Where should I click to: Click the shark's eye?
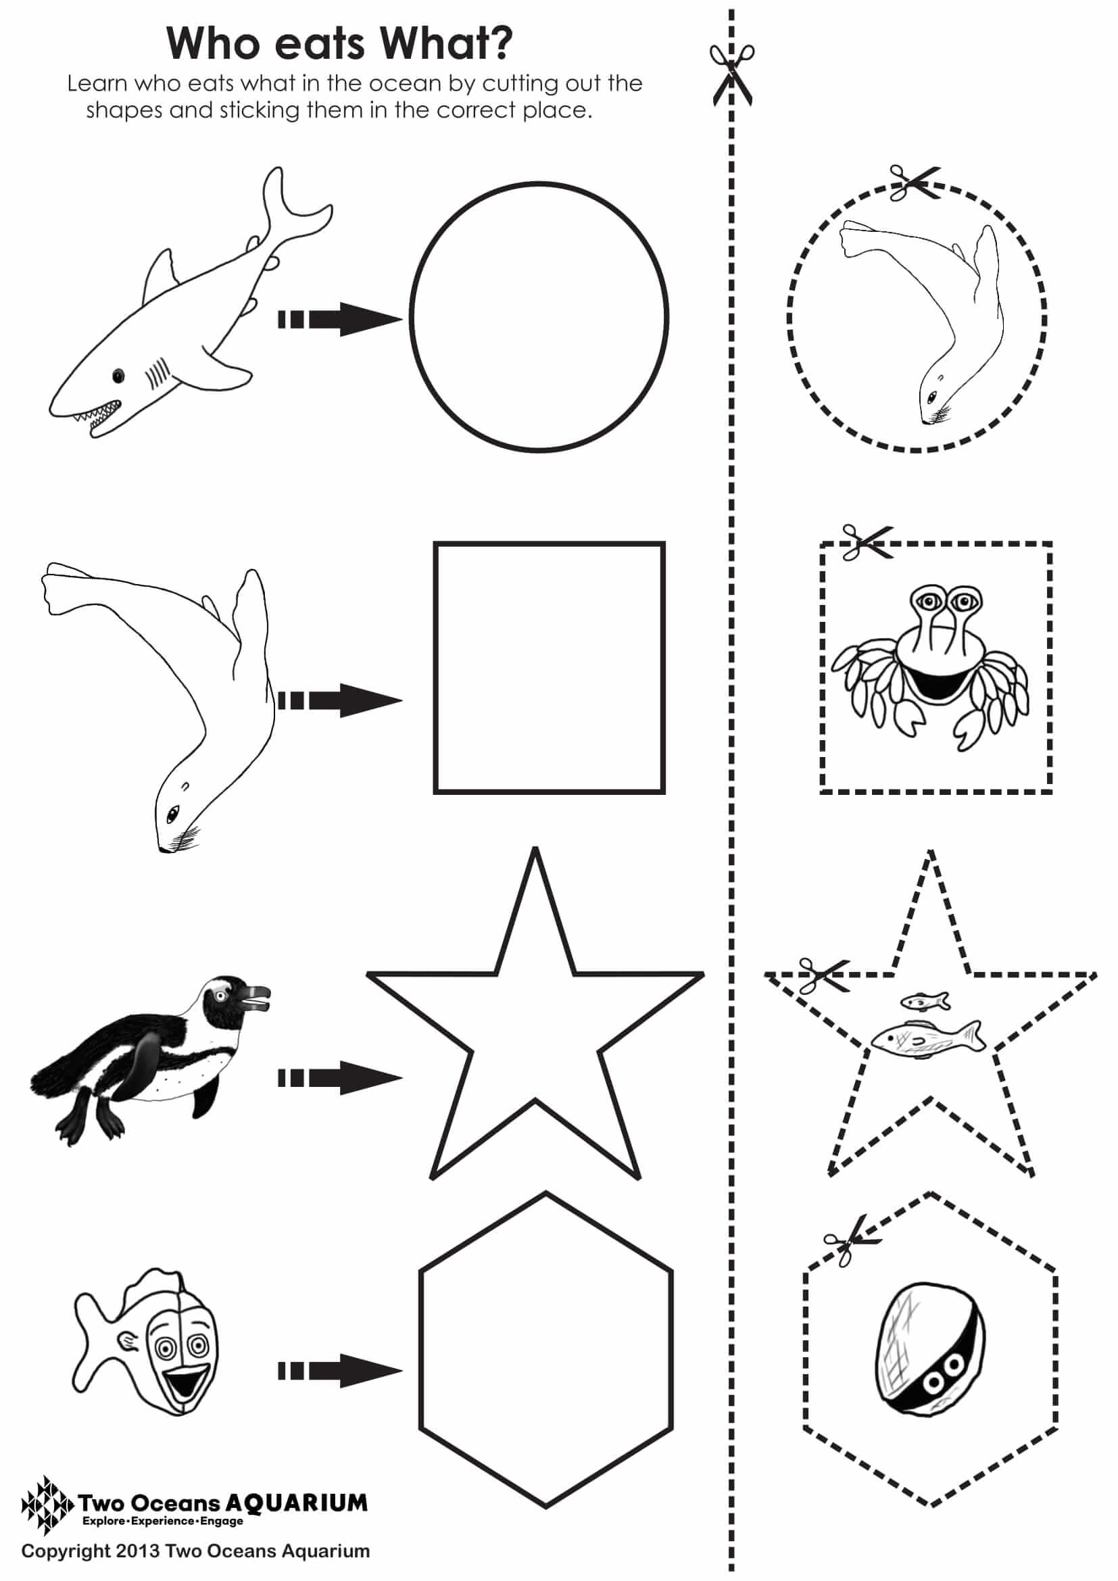pyautogui.click(x=119, y=375)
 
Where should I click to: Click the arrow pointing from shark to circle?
pyautogui.click(x=340, y=319)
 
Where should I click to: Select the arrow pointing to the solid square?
pyautogui.click(x=340, y=700)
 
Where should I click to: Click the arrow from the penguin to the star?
pyautogui.click(x=340, y=1077)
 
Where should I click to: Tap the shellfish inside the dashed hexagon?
pyautogui.click(x=929, y=1359)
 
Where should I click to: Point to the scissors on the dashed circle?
pyautogui.click(x=915, y=183)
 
